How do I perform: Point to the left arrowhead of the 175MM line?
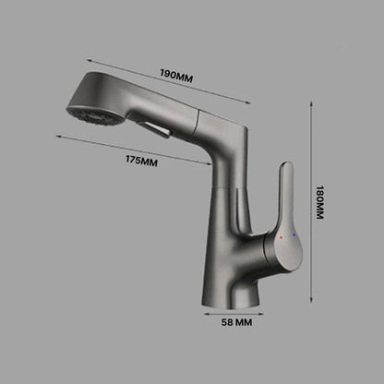58,135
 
